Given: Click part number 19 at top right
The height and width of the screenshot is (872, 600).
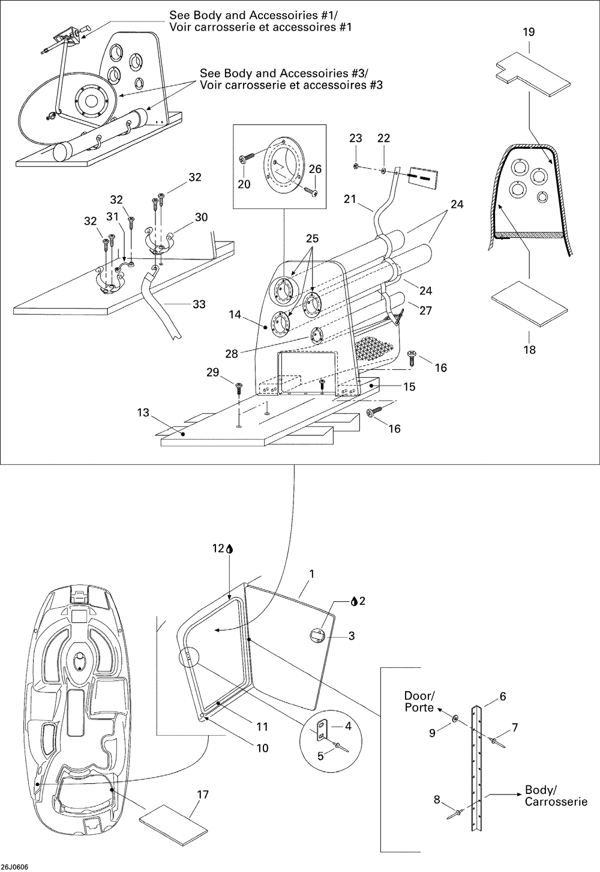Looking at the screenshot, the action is pos(529,32).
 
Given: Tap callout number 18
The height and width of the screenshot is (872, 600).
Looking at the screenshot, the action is pos(530,350).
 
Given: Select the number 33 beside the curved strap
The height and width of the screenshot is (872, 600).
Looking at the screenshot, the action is pos(199,304).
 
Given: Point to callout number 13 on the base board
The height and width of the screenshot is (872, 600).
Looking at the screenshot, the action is pos(143,412).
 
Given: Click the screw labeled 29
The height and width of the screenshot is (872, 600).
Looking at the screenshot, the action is pos(239,388).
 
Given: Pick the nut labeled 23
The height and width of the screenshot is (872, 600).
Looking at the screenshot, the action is pos(355,166).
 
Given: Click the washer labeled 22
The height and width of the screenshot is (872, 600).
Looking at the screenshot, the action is pos(383,169).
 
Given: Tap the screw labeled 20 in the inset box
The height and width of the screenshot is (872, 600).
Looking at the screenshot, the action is pos(245,158).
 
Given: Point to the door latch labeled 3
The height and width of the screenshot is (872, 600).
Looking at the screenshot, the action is pos(316,635).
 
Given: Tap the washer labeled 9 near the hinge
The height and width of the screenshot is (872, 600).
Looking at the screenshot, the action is pos(455,718).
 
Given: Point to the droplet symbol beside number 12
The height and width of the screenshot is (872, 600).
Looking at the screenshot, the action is pos(230,548).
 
